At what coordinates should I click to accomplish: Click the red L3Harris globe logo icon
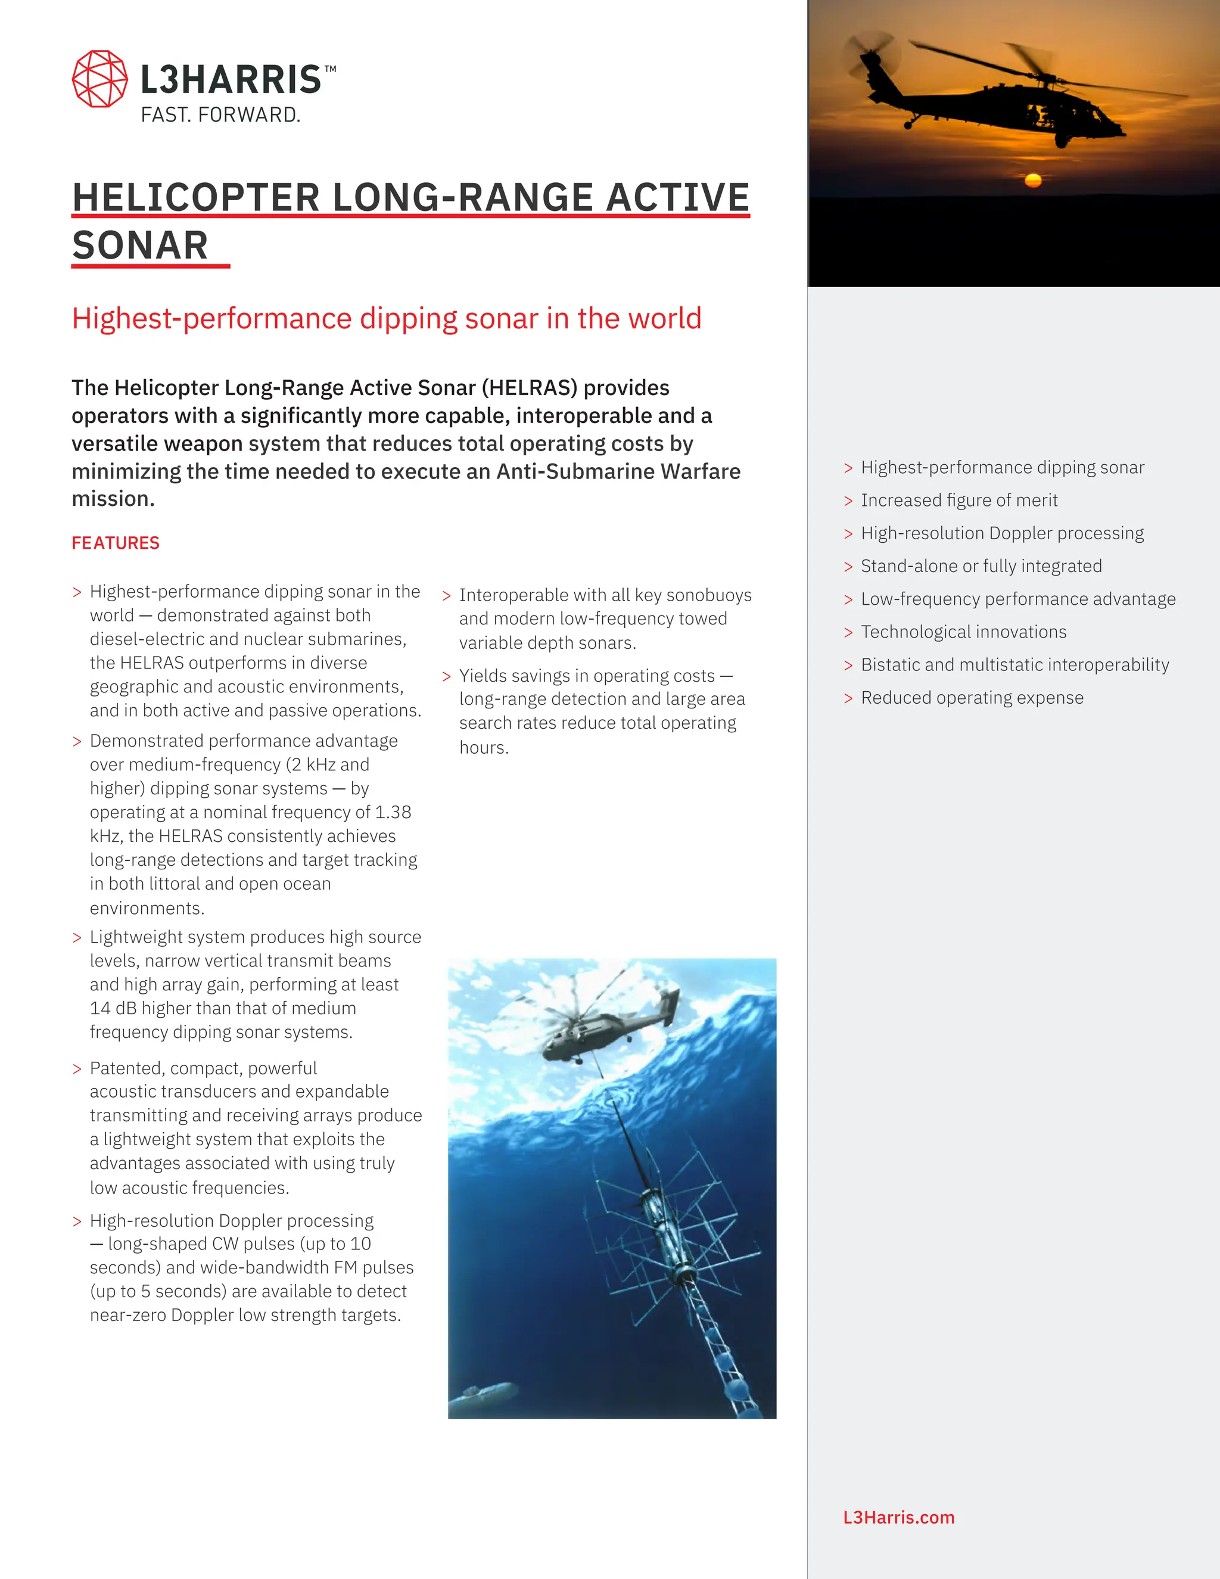pos(99,79)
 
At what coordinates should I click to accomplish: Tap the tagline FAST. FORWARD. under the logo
pos(220,115)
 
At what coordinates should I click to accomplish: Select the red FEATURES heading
pos(116,543)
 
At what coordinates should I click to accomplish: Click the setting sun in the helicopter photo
pos(1033,179)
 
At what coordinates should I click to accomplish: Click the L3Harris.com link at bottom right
pos(898,1517)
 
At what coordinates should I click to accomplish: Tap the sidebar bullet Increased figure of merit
pos(958,501)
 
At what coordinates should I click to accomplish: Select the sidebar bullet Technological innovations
pos(963,632)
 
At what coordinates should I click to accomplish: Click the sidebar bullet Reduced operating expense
pos(972,698)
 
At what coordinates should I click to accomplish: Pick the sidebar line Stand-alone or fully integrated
pos(981,566)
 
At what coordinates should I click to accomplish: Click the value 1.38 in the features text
pos(393,812)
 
